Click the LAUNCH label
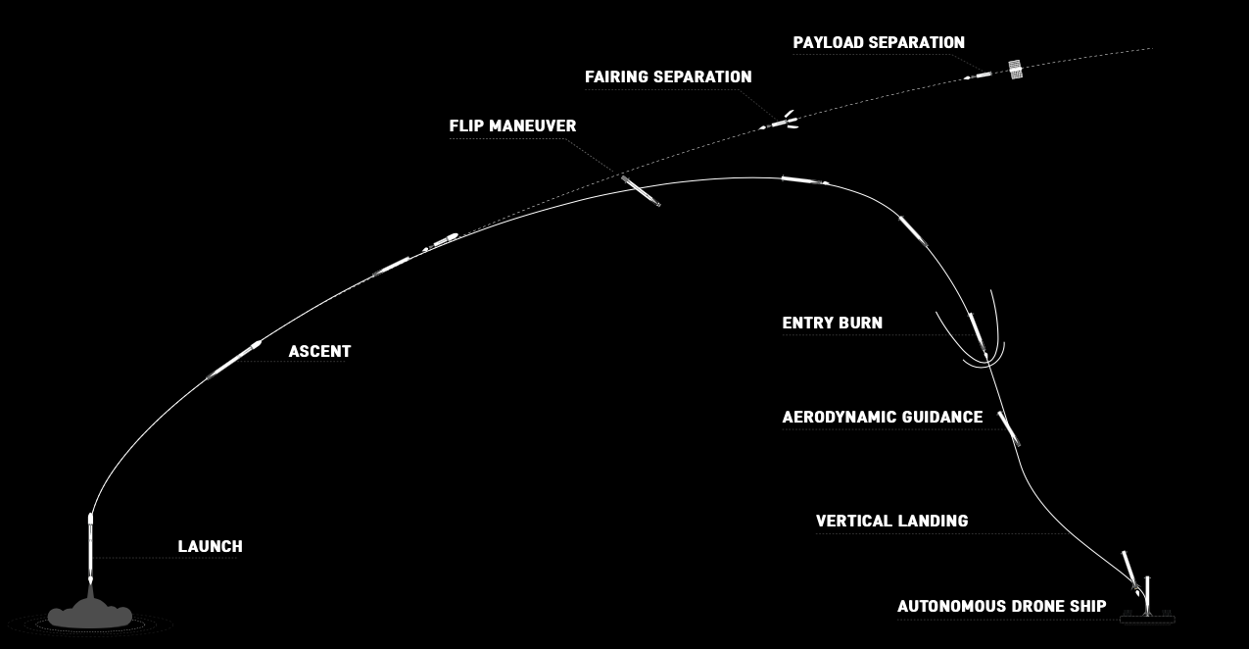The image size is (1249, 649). coord(210,546)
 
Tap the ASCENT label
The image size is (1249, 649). coord(319,351)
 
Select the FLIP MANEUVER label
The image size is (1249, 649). coord(512,125)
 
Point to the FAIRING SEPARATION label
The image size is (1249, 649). coord(668,76)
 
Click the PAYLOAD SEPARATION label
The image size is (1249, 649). coord(879,42)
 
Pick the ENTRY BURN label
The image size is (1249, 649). coord(832,323)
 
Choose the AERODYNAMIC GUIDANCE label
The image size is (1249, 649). coord(882,417)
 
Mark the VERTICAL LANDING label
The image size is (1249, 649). coord(891,521)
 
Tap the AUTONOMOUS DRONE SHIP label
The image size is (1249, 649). coord(1001,606)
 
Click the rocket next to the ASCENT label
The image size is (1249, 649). coord(235,360)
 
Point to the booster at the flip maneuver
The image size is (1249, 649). coord(641,190)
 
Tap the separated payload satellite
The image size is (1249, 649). coord(1015,69)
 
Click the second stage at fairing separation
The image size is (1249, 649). coord(780,124)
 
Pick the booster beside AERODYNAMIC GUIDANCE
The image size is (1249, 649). coord(1009,427)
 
